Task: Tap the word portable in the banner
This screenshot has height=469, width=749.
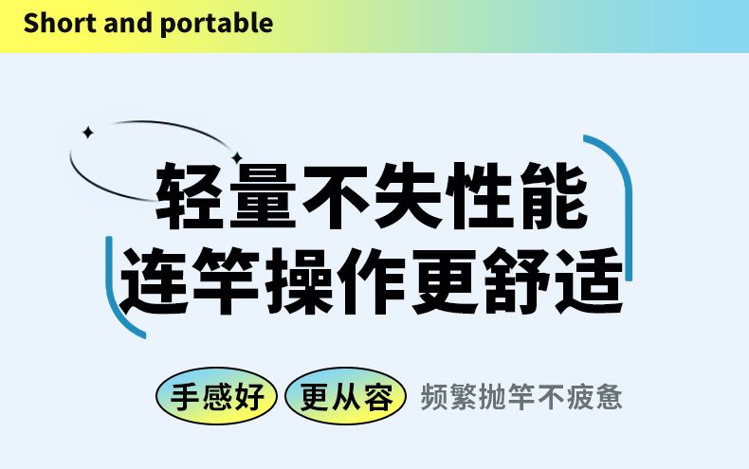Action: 217,25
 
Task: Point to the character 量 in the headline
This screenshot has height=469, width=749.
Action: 263,196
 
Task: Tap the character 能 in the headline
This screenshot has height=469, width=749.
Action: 553,196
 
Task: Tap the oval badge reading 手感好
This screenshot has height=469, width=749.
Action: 216,396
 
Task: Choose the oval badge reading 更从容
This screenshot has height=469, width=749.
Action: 345,396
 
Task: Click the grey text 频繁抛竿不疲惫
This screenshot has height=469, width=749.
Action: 521,396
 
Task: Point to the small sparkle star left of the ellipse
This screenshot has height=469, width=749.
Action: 87,133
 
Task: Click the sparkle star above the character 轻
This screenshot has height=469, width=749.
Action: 237,157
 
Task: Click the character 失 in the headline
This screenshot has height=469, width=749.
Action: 408,196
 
